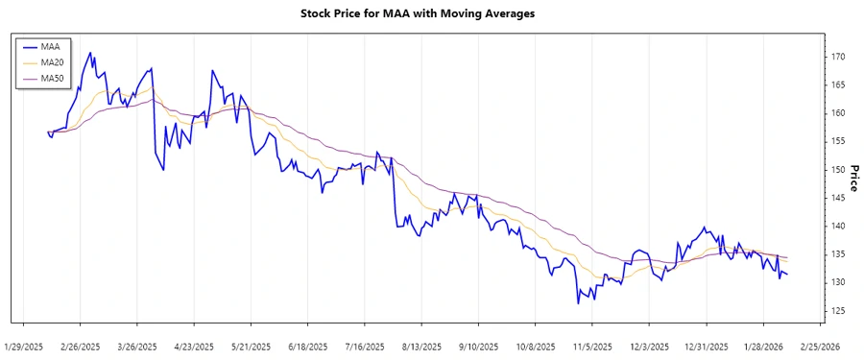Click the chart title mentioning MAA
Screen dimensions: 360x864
(x=431, y=13)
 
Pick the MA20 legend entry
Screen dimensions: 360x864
(x=52, y=62)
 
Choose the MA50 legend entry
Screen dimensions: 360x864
(x=52, y=79)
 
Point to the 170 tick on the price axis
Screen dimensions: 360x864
(x=838, y=57)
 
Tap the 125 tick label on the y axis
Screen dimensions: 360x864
(x=838, y=311)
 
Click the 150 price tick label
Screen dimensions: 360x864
(x=838, y=170)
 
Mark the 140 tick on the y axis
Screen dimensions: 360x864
(x=838, y=227)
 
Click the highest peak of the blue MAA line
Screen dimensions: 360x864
(x=90, y=53)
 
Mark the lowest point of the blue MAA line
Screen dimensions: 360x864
(x=578, y=303)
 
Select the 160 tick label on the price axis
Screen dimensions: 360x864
(x=838, y=113)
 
